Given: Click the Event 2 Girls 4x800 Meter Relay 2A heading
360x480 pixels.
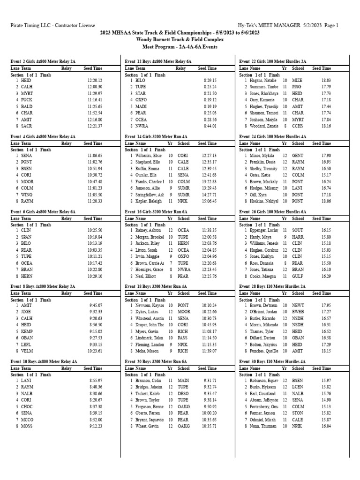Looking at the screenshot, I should (43, 61).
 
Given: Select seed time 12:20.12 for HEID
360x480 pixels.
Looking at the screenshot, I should (95, 81).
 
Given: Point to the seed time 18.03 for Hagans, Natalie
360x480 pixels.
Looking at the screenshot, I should (326, 81).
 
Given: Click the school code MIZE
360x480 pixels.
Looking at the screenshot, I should (297, 81).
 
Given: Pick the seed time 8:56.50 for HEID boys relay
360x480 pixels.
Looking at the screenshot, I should (96, 324).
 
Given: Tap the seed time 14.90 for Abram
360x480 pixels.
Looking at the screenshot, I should (326, 399).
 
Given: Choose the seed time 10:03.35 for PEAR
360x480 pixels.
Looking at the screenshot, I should (95, 249).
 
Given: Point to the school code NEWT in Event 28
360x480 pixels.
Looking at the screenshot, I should (298, 305).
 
